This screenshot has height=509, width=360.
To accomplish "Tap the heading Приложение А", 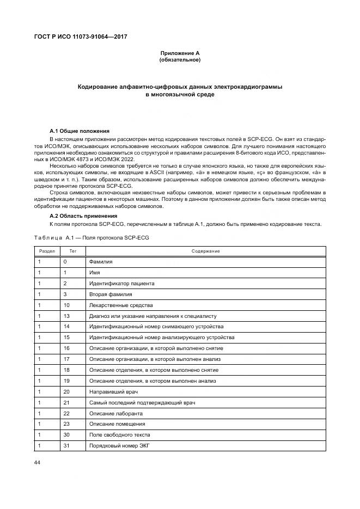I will (180, 53).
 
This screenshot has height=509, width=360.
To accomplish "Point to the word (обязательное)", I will (180, 59).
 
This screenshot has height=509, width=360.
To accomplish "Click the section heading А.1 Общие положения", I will (80, 131).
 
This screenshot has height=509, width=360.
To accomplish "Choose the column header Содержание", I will (205, 251).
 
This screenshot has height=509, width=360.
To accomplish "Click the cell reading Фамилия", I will (101, 262).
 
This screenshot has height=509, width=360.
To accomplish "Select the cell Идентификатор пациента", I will (121, 284).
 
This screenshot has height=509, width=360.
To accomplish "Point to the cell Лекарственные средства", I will (120, 305).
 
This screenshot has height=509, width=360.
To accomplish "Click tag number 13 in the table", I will (66, 316).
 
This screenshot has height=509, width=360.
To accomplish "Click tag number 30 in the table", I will (66, 435).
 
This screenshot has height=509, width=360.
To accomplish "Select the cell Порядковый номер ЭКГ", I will (119, 446).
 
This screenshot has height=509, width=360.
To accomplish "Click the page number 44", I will (37, 462).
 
